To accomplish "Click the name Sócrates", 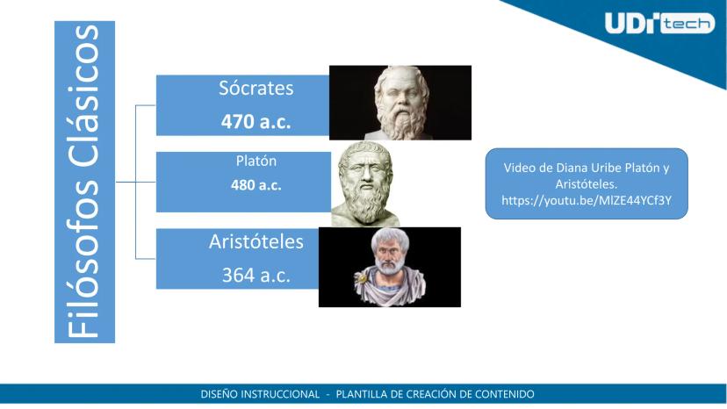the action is tap(256, 88).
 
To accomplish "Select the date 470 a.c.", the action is tap(256, 121).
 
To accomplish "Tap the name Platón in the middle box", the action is tap(256, 161).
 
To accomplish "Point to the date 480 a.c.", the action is tap(256, 185).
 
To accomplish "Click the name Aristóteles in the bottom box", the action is tap(256, 241).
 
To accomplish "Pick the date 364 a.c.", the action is tap(256, 275).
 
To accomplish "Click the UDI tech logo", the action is tap(659, 23).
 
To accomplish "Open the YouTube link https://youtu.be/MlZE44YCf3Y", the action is tap(587, 200).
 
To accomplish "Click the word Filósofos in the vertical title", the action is tap(84, 259).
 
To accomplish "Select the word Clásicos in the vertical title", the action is tap(84, 97).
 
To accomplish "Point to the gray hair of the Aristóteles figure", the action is tap(390, 239).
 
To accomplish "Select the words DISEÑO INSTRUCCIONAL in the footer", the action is tap(260, 394).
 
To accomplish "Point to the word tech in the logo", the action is tap(687, 24).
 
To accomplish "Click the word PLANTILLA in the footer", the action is tap(361, 394).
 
